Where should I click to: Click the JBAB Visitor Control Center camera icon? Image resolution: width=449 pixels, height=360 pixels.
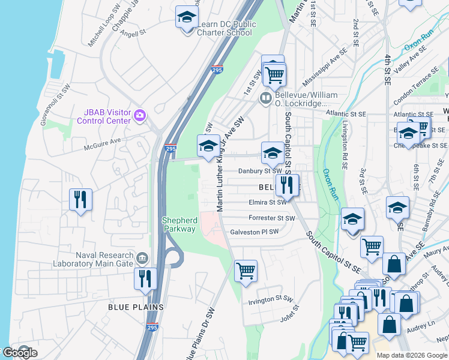coord(139,114)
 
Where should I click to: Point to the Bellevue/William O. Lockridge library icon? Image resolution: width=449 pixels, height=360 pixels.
coord(265,97)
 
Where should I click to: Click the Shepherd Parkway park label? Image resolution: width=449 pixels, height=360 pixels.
coord(179,224)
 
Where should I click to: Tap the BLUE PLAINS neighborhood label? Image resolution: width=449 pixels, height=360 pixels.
coord(136,307)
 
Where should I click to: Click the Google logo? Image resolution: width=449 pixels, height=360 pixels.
coord(19,353)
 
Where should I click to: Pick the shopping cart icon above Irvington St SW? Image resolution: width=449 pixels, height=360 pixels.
coord(246,271)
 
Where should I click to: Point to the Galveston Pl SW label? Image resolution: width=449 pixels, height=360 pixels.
coord(255,232)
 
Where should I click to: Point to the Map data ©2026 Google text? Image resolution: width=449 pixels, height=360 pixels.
coord(411,355)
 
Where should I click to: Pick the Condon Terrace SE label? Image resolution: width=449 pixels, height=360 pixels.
coord(418,82)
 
